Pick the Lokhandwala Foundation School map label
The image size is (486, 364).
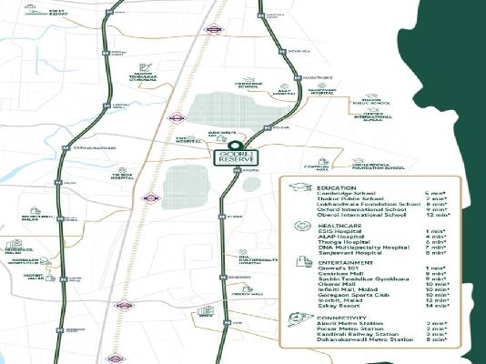coord(379,167)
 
